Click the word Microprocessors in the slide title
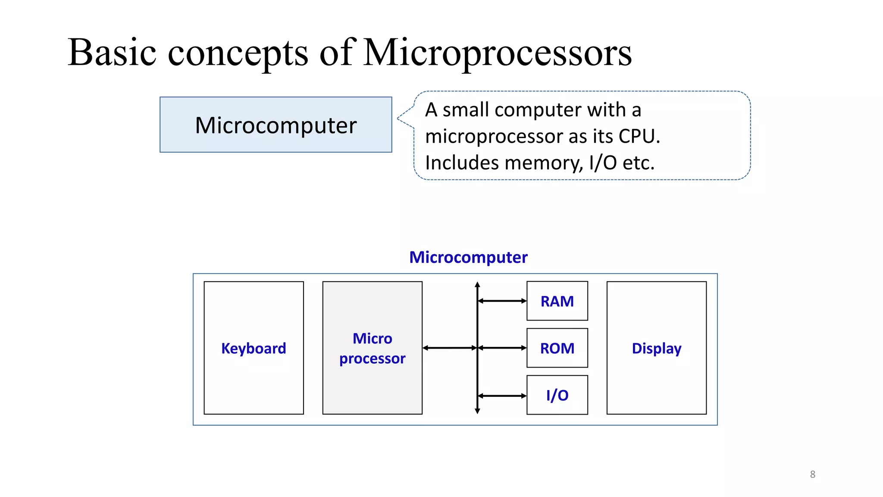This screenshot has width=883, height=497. pos(498,53)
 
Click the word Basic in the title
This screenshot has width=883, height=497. pos(112,53)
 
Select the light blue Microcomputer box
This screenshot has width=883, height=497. pos(276,125)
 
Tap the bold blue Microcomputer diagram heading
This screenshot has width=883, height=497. pos(468,257)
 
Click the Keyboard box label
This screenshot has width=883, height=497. pos(254,348)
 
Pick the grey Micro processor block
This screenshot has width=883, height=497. pos(372,348)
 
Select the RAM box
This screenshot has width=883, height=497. pos(557,301)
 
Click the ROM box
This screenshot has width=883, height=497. pos(557,348)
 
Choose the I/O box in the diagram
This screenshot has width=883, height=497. pos(557,395)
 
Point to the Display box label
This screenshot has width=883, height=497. pos(656,348)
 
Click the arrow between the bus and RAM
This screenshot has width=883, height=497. pos(502,301)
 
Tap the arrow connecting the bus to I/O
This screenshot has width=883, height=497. pos(502,396)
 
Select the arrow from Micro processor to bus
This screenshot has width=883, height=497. pos(450,348)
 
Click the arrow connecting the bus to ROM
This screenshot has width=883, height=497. pos(502,348)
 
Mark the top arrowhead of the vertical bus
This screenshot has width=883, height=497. pos(477,284)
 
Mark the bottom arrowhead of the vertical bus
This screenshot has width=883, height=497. pos(477,411)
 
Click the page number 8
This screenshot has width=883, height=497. pos(813,475)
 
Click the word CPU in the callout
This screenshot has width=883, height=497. pos(637,136)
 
